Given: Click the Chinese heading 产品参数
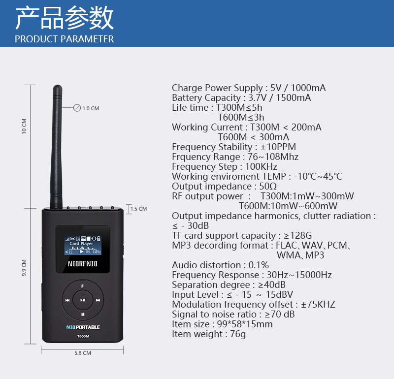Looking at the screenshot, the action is point(65,18).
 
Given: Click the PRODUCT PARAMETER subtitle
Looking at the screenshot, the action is point(65,39).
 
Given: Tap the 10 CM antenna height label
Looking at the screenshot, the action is point(24,126).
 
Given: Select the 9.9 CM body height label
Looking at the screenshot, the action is point(24,268).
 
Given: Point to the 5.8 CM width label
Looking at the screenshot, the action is point(83,353).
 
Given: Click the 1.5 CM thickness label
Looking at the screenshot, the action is point(139,209).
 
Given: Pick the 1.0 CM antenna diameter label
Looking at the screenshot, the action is point(91,108).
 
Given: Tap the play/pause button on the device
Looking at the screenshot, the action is point(83,300).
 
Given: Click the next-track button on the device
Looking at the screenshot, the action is point(98,300).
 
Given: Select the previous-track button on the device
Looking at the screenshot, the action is point(67,300).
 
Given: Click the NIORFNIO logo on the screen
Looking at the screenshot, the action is point(82,264).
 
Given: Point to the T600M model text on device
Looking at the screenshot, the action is point(83,336).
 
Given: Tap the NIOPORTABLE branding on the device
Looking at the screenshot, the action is point(83,327).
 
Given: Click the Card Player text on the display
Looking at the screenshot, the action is point(81,243).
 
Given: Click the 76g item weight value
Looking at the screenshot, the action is point(238,334).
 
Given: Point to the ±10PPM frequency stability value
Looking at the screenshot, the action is point(278,147).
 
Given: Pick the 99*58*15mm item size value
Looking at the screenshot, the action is point(245,324).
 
